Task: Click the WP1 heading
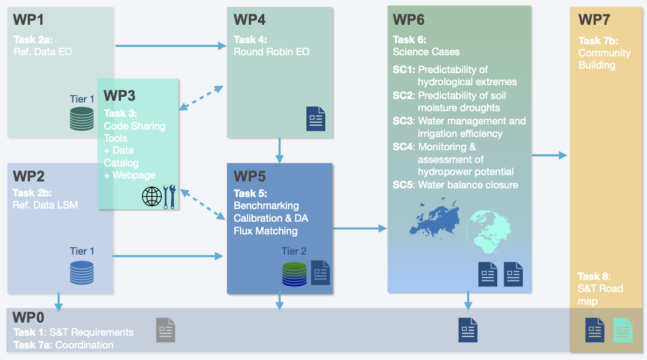[29, 20]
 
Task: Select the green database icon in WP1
[82, 118]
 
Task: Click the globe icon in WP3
[152, 196]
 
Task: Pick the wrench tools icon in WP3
[170, 196]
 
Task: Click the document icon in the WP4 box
[315, 119]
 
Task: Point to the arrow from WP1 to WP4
[170, 46]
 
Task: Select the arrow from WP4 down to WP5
[280, 150]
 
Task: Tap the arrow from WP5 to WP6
[360, 229]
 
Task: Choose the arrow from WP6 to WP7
[549, 155]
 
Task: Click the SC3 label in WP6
[404, 121]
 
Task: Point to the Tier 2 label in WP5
[294, 251]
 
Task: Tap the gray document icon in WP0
[165, 330]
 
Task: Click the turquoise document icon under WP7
[622, 330]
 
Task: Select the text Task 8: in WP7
[594, 276]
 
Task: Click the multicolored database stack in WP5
[294, 274]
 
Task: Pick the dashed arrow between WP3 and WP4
[201, 97]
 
